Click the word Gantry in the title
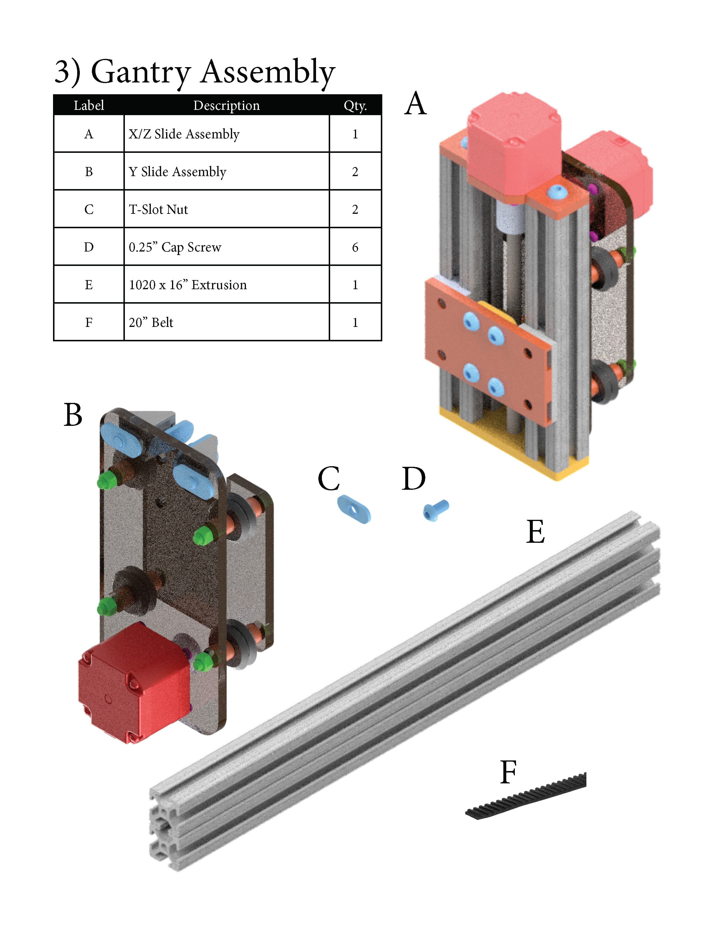140,73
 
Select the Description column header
226,105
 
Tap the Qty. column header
355,105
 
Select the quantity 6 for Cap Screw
355,247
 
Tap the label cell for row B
89,172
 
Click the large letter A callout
415,103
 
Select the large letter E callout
535,532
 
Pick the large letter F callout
508,772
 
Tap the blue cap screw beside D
436,510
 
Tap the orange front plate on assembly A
483,350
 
